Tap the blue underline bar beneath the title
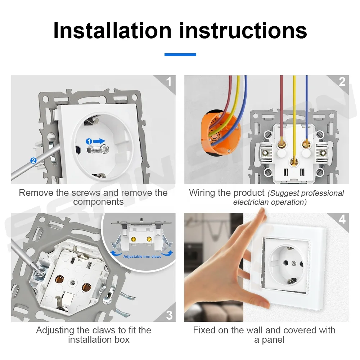pyautogui.click(x=180, y=55)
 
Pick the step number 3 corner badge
pyautogui.click(x=169, y=315)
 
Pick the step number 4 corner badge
pyautogui.click(x=342, y=219)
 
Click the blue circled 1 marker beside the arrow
pyautogui.click(x=89, y=141)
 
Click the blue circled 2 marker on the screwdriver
pyautogui.click(x=33, y=161)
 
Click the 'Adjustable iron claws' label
pyautogui.click(x=142, y=256)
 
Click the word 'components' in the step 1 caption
pyautogui.click(x=98, y=202)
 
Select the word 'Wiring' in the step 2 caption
pyautogui.click(x=202, y=193)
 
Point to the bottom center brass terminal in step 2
pyautogui.click(x=294, y=161)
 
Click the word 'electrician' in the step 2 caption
pyautogui.click(x=251, y=202)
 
